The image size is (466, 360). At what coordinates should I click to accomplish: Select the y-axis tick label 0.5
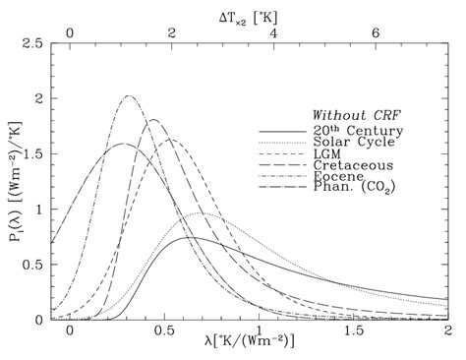pyautogui.click(x=31, y=265)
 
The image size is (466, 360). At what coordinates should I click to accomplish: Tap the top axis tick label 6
pyautogui.click(x=376, y=32)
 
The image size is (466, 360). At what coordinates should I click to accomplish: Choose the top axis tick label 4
pyautogui.click(x=273, y=32)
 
